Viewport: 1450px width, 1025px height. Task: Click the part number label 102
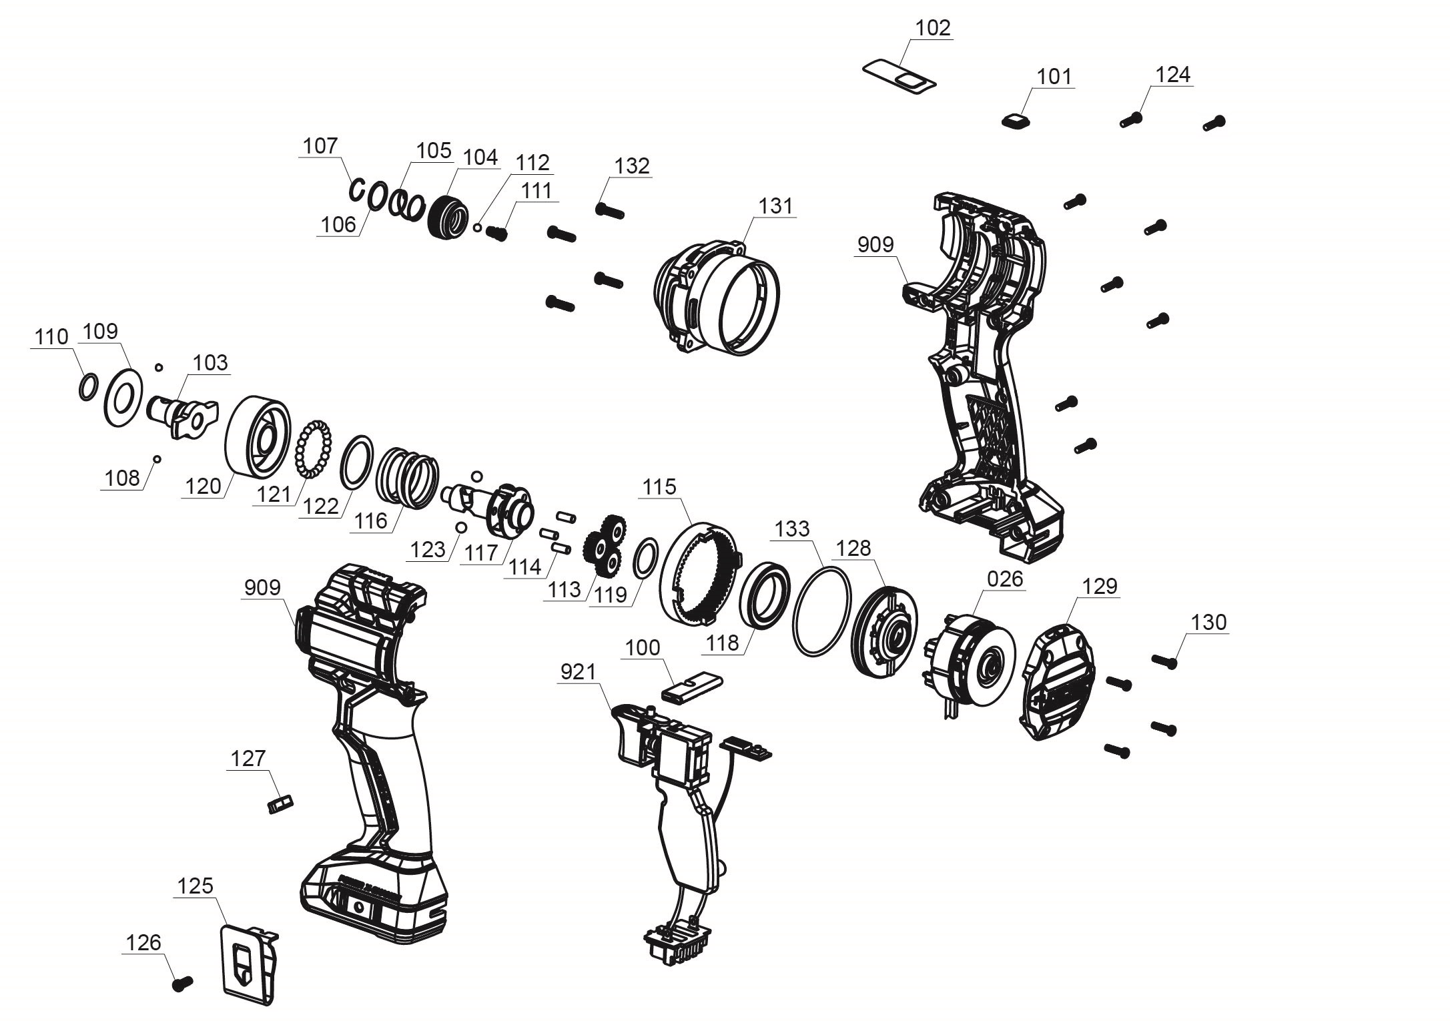tap(932, 28)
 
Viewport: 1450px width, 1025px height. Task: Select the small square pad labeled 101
tap(1016, 120)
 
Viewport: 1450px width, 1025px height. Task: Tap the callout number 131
tap(775, 206)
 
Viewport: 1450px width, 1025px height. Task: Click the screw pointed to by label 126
tap(182, 983)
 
